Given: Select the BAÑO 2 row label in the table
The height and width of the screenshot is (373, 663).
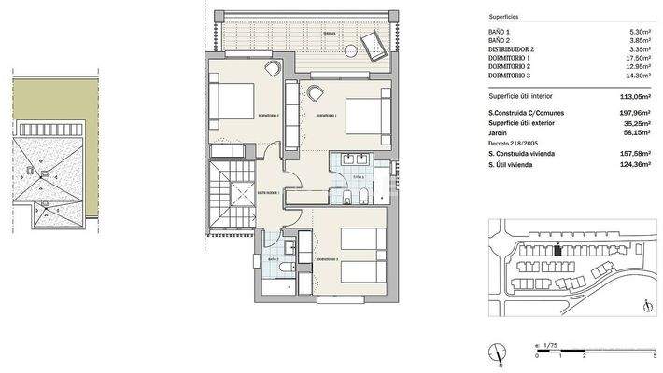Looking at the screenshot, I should [501, 40].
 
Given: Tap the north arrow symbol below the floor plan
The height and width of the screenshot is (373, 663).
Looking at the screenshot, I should [501, 352].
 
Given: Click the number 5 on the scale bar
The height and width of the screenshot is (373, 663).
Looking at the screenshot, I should [654, 355].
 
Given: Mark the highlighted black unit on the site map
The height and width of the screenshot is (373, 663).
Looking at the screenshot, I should [558, 249].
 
